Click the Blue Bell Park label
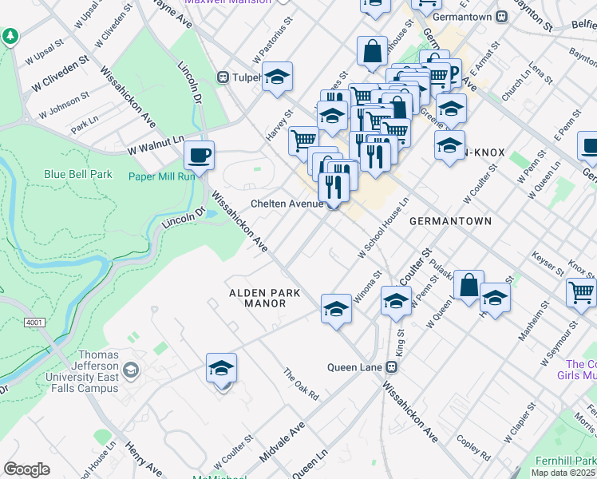77,174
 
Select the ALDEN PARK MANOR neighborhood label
265,298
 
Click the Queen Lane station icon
391,367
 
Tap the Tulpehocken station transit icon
224,77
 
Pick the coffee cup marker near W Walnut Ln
200,155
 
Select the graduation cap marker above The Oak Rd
221,369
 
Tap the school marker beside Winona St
337,309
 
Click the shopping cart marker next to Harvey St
302,141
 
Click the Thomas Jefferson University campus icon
132,370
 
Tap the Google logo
26,469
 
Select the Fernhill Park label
569,461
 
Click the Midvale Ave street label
283,441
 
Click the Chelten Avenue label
287,204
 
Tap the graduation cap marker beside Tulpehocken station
278,77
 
